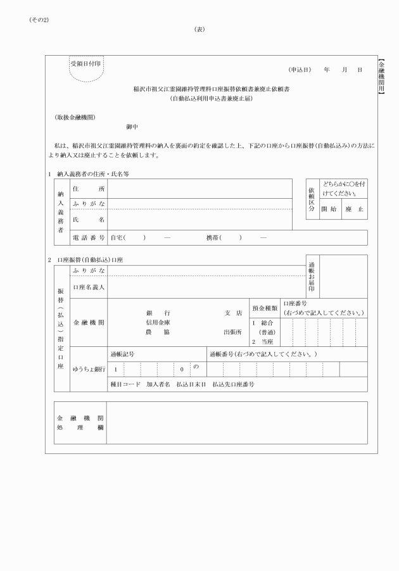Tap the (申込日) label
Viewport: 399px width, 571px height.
tap(300, 70)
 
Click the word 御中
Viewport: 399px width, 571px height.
tap(132, 127)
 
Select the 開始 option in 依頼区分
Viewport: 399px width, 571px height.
tap(328, 208)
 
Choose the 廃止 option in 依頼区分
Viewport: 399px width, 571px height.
tap(353, 208)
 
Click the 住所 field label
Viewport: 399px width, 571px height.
tap(89, 189)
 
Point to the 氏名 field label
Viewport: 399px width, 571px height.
tap(89, 220)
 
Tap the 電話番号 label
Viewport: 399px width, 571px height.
tap(89, 237)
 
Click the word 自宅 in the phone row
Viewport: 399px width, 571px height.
tap(117, 237)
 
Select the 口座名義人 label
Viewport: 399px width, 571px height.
tap(89, 287)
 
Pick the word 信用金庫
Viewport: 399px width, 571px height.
tap(158, 322)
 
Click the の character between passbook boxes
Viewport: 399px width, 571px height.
tap(196, 368)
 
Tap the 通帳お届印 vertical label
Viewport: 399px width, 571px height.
tap(312, 275)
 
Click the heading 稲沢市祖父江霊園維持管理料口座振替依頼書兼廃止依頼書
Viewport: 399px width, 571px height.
tap(211, 89)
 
